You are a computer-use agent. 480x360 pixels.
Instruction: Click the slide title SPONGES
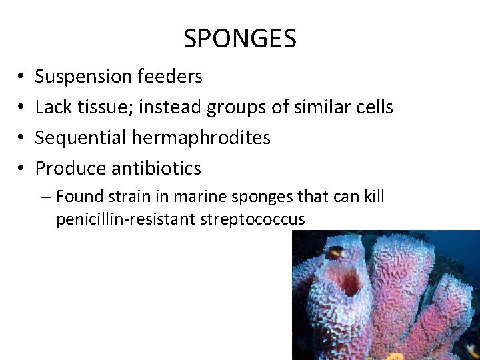pyautogui.click(x=240, y=39)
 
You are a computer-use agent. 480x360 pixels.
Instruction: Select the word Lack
pyautogui.click(x=51, y=107)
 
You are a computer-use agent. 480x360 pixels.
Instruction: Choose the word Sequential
pyautogui.click(x=75, y=137)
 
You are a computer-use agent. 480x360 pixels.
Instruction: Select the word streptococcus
pyautogui.click(x=253, y=219)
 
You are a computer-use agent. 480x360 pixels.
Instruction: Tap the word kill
pyautogui.click(x=375, y=197)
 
